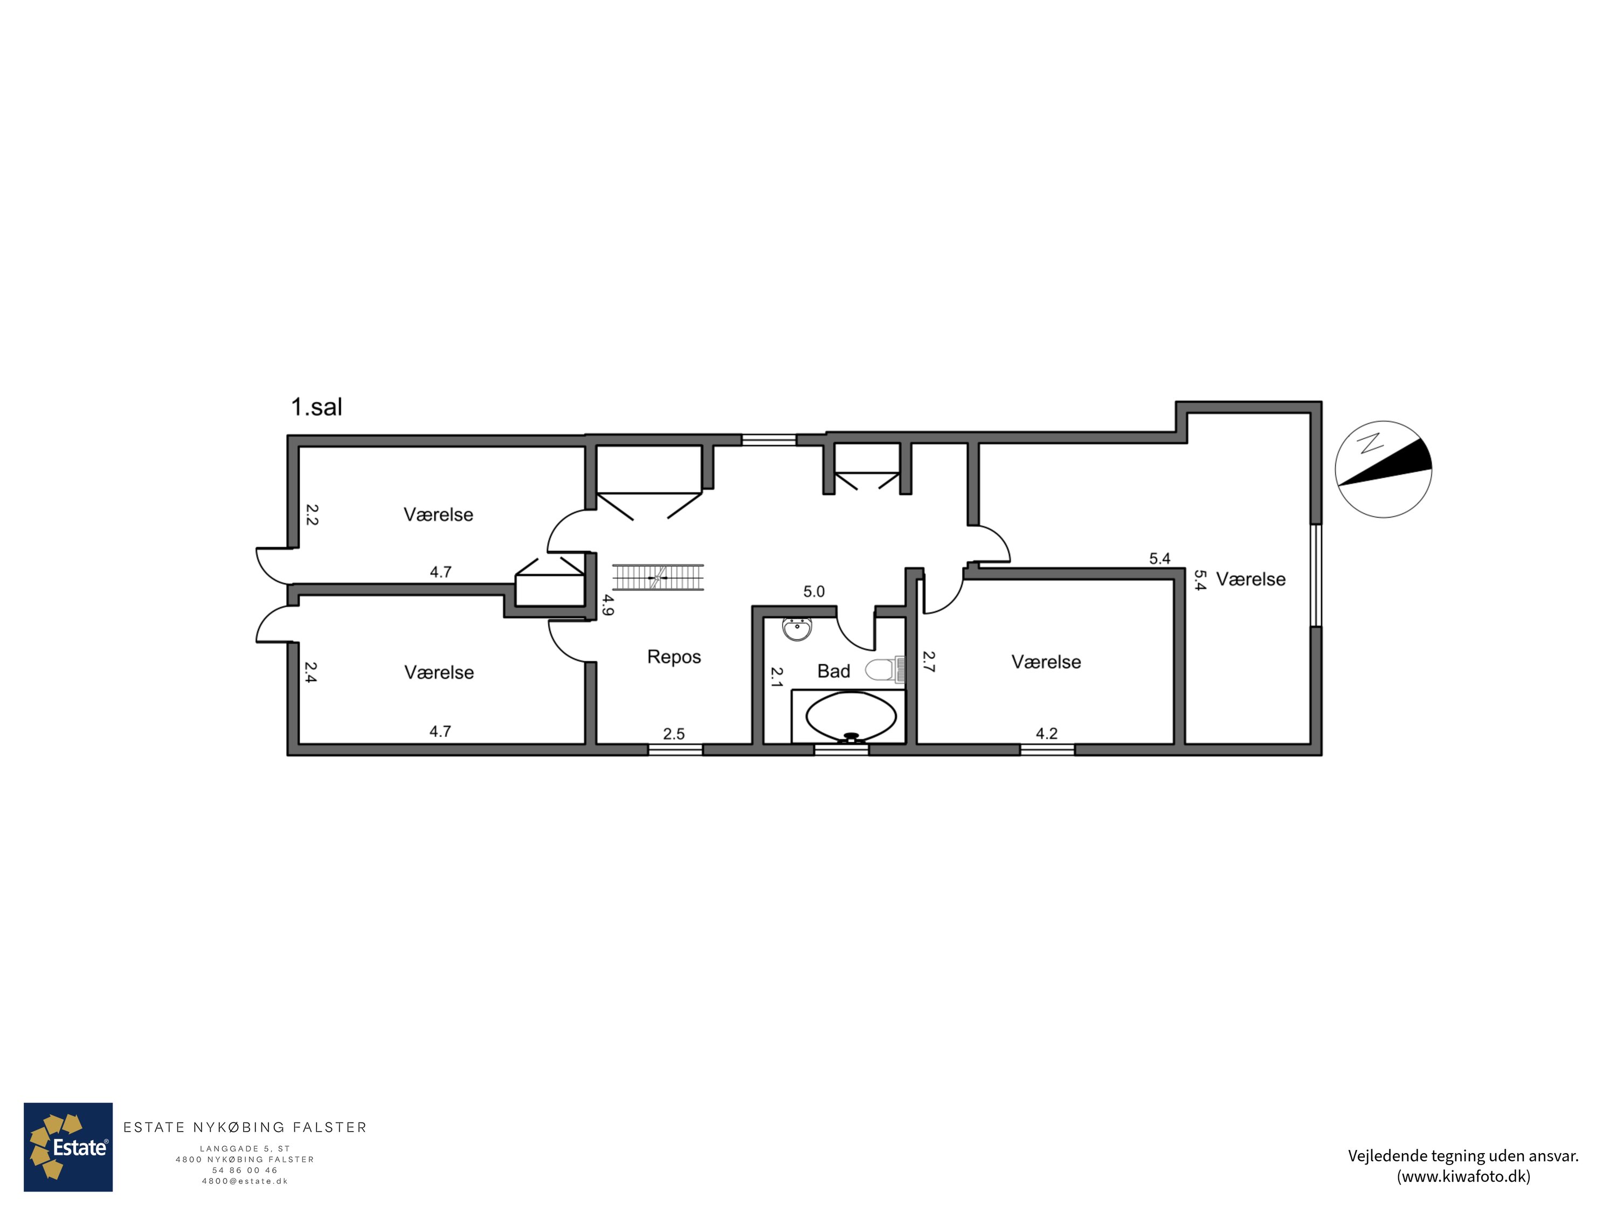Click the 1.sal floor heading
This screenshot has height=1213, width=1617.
[x=316, y=407]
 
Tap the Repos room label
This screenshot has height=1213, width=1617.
[x=674, y=657]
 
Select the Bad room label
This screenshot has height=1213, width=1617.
[x=833, y=671]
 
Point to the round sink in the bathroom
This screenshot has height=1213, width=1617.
[x=797, y=629]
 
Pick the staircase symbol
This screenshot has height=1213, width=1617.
[x=657, y=577]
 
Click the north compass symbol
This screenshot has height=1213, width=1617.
[x=1383, y=470]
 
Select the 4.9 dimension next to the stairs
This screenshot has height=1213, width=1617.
[x=607, y=605]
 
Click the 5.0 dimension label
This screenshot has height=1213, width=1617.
[x=813, y=591]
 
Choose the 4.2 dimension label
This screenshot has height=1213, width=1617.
[x=1047, y=733]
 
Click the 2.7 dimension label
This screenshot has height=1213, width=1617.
[x=928, y=661]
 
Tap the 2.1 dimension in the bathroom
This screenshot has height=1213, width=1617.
[x=776, y=677]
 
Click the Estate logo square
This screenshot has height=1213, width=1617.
[x=68, y=1147]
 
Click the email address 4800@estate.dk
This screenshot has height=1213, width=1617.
[x=245, y=1181]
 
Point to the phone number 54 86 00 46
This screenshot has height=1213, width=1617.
[x=245, y=1170]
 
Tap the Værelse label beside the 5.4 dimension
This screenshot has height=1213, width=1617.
[x=1251, y=580]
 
